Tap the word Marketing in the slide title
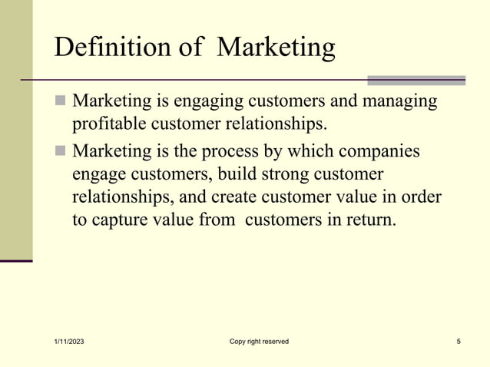click(276, 48)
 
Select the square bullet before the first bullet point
click(61, 102)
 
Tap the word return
click(369, 220)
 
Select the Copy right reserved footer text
click(259, 342)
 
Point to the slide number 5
click(458, 342)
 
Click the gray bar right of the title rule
click(416, 80)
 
